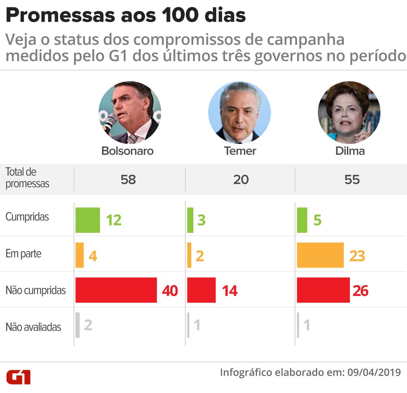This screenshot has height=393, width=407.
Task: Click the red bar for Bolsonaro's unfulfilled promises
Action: [116, 290]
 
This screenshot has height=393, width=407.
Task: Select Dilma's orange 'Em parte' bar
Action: [320, 255]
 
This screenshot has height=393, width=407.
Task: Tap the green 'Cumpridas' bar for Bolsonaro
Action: [88, 220]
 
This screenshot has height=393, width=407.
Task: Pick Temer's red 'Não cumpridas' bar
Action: [201, 290]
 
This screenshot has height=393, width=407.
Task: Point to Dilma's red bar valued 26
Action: [323, 290]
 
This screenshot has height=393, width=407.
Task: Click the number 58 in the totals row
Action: [128, 179]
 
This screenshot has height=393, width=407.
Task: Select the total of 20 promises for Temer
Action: [241, 179]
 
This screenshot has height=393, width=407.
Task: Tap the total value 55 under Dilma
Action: [352, 179]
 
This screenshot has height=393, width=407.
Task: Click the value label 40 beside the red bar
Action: [170, 291]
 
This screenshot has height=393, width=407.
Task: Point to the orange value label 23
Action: [357, 256]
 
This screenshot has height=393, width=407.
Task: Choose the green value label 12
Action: [114, 221]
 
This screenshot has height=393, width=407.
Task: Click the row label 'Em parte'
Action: [23, 254]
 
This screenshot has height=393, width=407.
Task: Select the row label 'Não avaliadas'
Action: [33, 327]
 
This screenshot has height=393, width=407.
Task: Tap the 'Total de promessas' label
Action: [27, 178]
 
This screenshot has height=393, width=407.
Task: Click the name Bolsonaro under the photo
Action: [127, 151]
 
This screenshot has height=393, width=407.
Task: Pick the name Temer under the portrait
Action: [240, 151]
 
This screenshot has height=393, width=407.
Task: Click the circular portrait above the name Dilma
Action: [349, 112]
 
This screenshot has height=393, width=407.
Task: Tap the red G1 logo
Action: [18, 377]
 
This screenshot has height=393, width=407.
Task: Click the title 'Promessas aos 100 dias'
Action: [126, 16]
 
